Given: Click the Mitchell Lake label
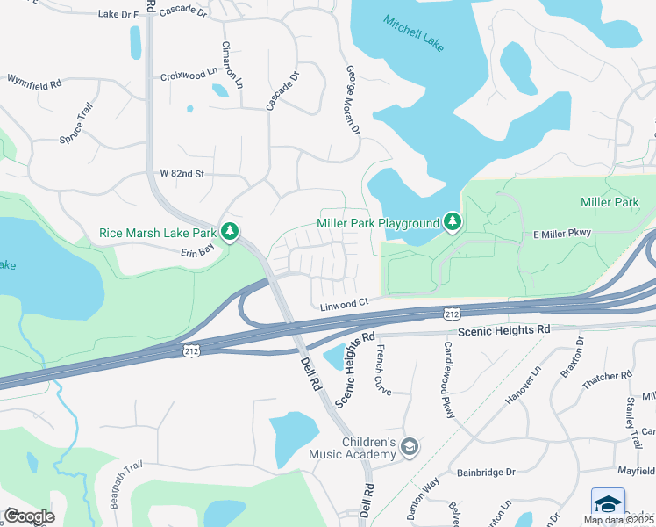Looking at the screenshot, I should tap(414, 32).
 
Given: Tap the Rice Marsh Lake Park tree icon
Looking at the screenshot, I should tap(230, 233).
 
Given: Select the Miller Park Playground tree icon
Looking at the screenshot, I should tap(453, 222).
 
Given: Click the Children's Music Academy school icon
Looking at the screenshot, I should tap(409, 448).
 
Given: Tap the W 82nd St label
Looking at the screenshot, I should tap(182, 174).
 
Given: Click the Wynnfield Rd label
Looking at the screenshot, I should tap(34, 83).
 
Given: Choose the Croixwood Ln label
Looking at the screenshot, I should tap(189, 76).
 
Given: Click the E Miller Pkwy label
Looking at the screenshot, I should tap(563, 233).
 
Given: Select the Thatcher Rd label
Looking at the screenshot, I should tap(608, 376).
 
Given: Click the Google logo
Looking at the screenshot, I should tap(29, 516).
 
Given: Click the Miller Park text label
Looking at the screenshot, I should tap(610, 203).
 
